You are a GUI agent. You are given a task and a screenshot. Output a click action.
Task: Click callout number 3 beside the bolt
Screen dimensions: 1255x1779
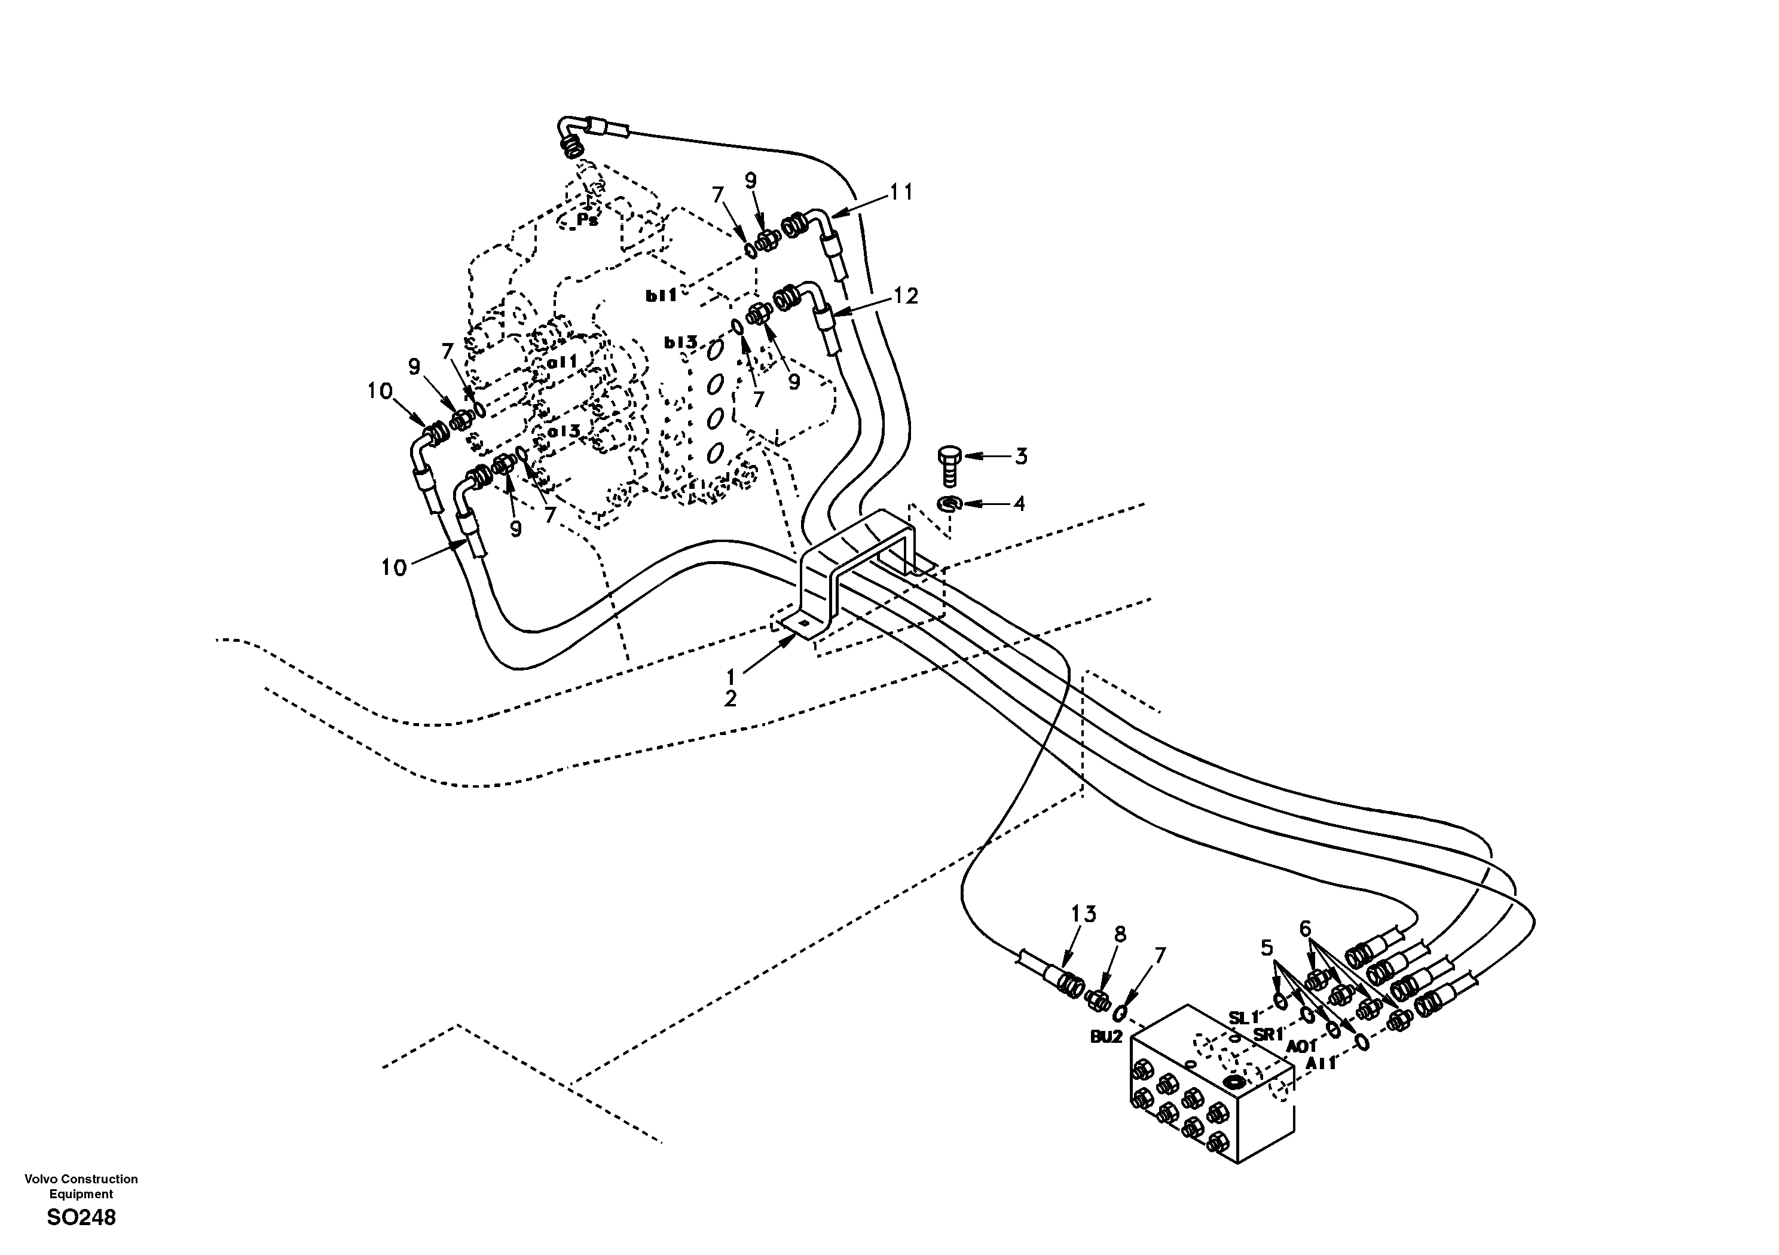click(1021, 457)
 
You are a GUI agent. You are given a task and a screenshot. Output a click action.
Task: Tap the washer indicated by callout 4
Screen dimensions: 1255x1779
click(949, 505)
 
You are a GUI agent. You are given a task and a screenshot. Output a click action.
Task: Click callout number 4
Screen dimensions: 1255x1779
click(1020, 504)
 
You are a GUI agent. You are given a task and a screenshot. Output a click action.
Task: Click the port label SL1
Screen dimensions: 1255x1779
click(1245, 1017)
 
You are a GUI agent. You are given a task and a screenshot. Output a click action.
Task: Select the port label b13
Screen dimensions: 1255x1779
click(680, 342)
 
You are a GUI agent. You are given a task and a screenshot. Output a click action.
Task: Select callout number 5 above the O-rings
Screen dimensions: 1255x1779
click(1267, 947)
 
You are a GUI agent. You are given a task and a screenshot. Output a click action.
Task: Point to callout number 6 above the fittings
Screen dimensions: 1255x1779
click(1306, 928)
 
